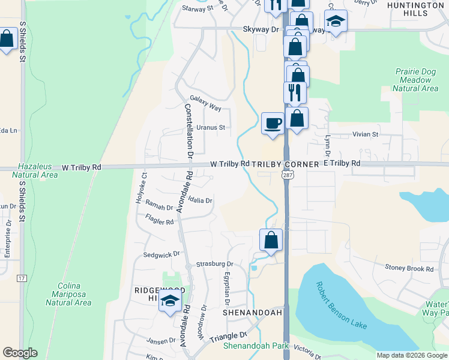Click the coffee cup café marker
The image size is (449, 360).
pos(273,124)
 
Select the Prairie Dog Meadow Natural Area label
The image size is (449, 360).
pos(415,80)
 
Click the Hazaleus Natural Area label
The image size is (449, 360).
pos(37,170)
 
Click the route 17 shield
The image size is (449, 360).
pos(22,278)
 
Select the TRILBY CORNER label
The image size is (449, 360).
pos(286,163)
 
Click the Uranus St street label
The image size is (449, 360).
pos(210,127)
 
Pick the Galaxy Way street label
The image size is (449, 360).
pos(205,103)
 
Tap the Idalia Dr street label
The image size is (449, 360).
pos(200,200)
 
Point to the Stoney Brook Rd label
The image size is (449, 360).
pos(409,269)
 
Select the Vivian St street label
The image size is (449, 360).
pos(366,134)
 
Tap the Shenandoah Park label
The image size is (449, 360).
pos(256,346)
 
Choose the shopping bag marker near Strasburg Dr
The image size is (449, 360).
pos(271,240)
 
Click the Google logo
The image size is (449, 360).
pos(20,353)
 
